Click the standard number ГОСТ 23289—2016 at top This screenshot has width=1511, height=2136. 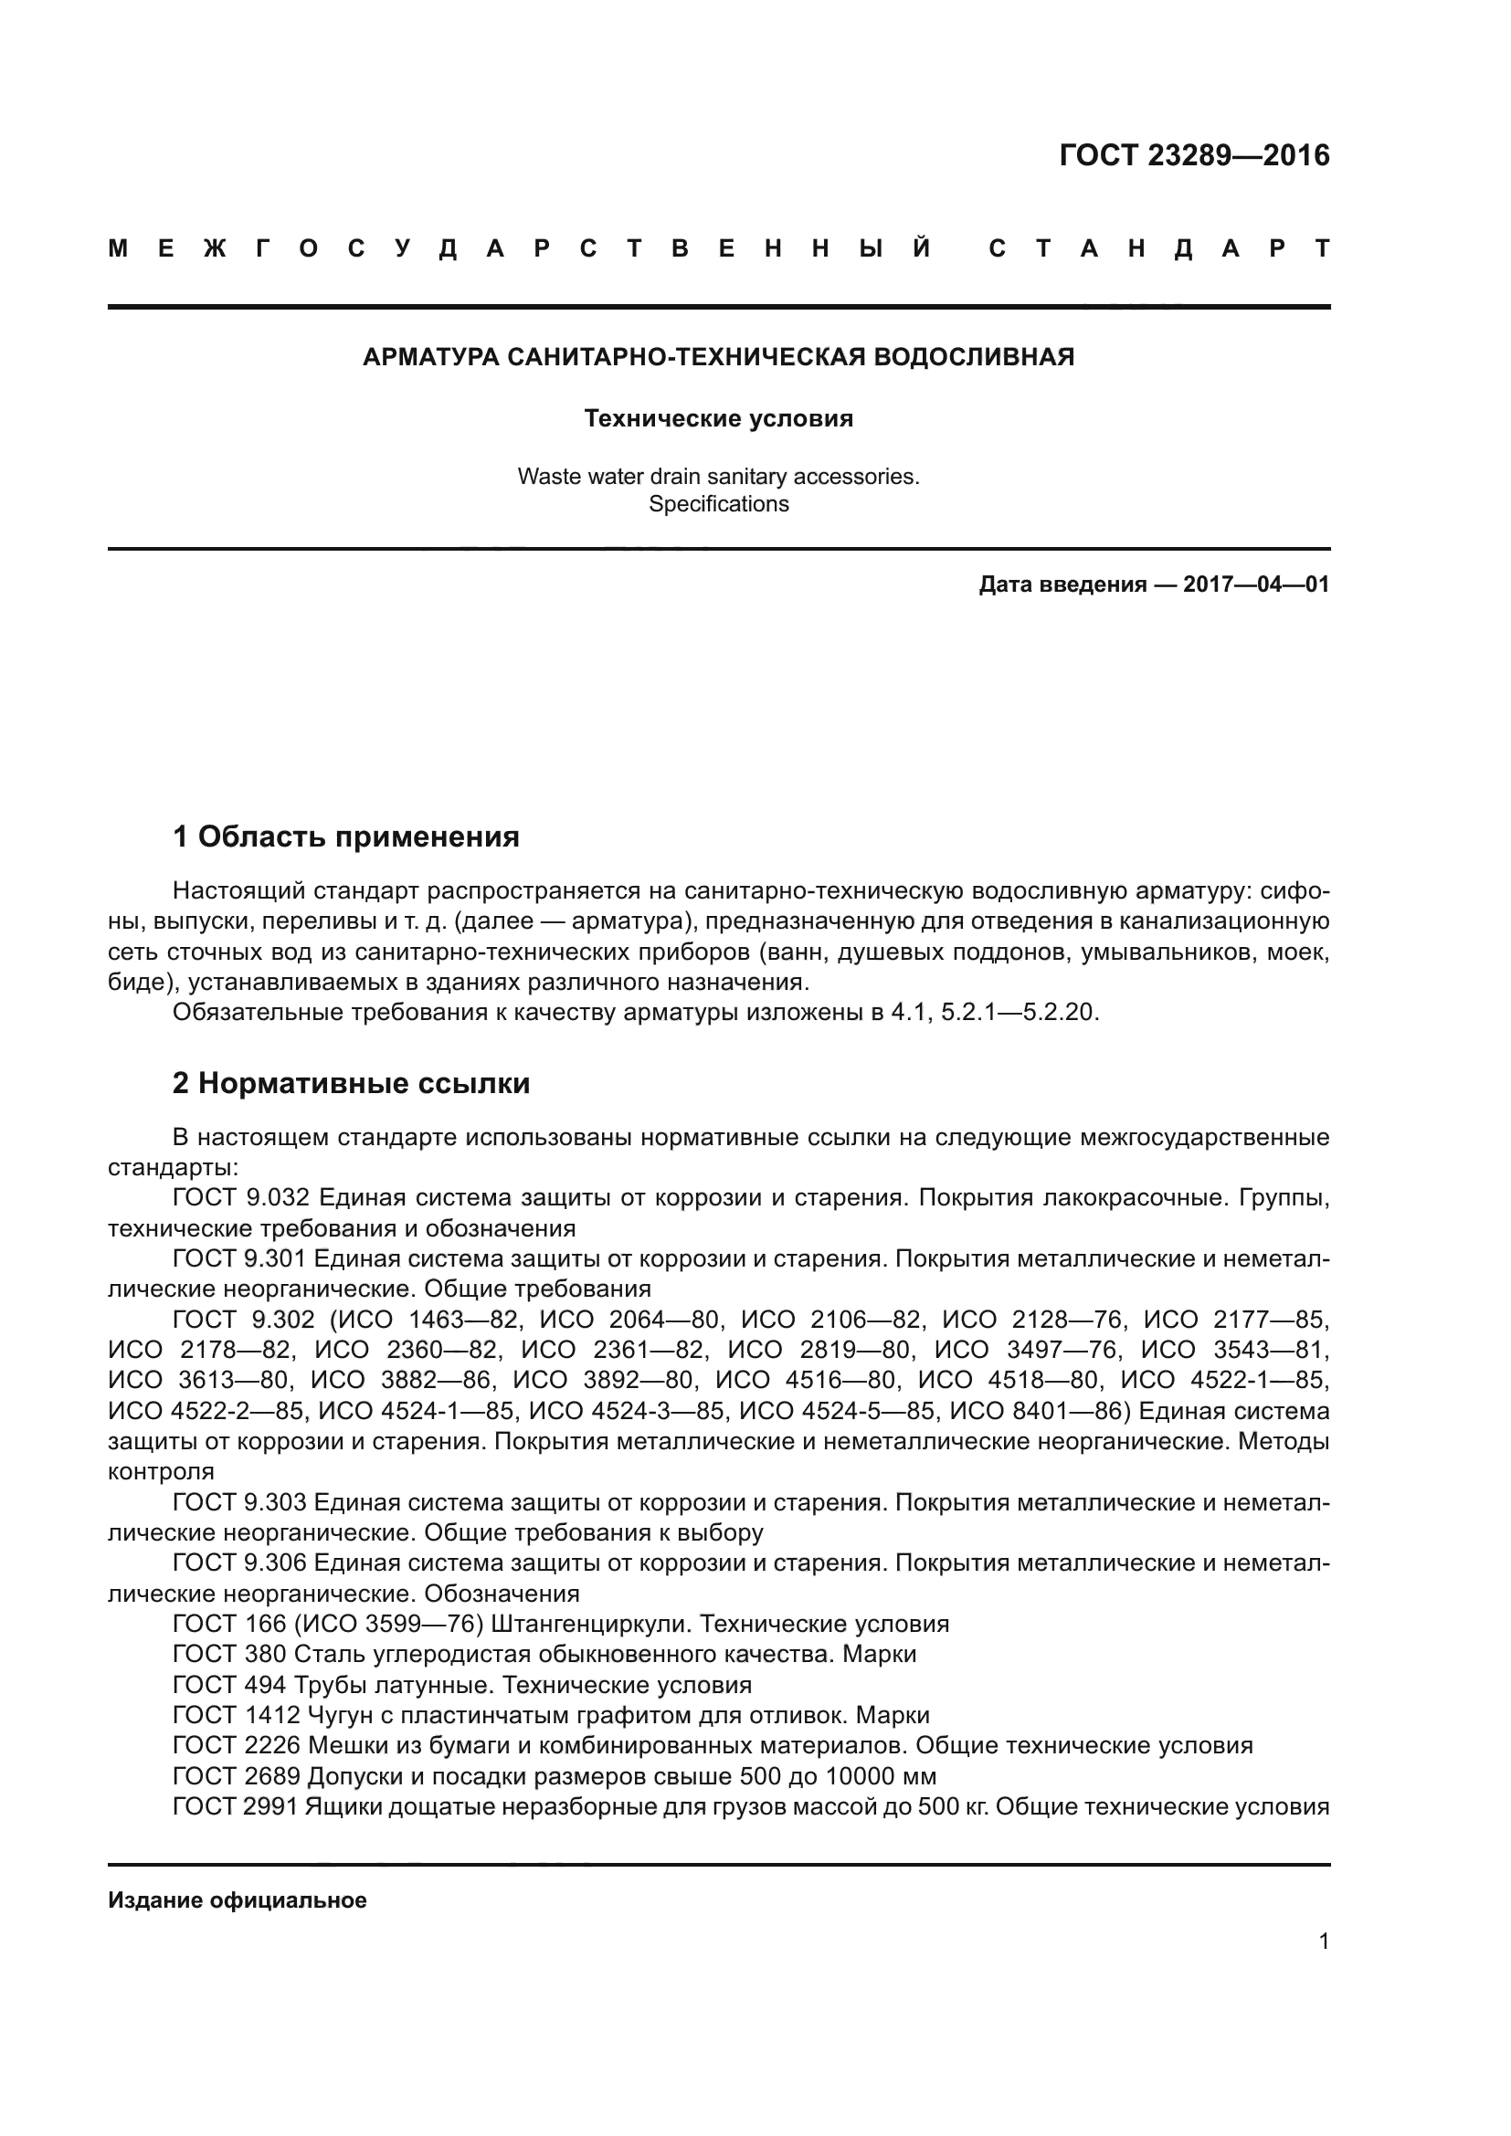pos(1194,155)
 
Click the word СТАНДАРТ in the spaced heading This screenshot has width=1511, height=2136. pos(1158,249)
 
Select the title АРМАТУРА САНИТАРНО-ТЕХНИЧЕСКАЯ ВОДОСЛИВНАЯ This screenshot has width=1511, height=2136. pos(718,357)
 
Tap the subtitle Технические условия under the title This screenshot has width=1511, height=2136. pos(718,418)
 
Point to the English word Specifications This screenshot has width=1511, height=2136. pos(718,504)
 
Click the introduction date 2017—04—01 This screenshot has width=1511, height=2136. pos(1256,585)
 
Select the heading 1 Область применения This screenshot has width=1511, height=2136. pos(346,837)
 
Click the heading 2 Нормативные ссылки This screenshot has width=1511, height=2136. pos(351,1084)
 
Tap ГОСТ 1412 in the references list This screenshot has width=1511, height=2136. pos(237,1716)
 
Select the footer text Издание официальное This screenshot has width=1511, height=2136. pos(238,1900)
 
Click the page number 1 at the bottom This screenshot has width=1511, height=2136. pos(1324,1941)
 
